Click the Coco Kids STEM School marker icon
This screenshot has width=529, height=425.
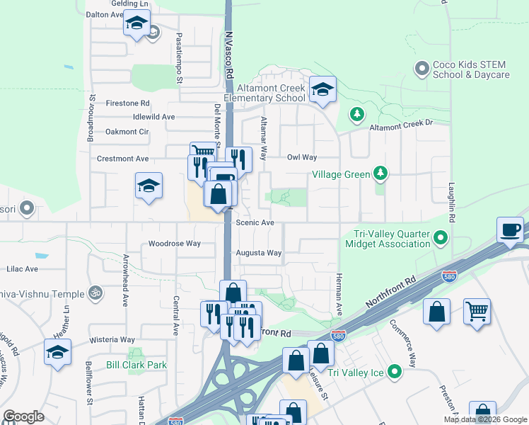422,69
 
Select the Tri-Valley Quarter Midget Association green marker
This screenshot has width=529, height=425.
442,237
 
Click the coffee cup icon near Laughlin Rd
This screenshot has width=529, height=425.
511,229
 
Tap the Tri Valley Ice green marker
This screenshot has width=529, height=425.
395,370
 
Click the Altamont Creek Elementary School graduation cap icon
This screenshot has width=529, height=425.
322,89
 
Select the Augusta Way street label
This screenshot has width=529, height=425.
259,253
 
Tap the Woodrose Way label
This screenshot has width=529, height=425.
175,244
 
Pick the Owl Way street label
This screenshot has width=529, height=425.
301,157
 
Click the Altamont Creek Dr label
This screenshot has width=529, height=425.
400,125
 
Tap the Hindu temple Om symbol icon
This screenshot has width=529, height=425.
94,292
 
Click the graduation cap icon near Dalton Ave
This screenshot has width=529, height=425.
137,23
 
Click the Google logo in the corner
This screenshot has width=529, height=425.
23,416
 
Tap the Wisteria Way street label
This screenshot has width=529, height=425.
112,340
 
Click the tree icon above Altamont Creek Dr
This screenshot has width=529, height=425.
357,114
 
